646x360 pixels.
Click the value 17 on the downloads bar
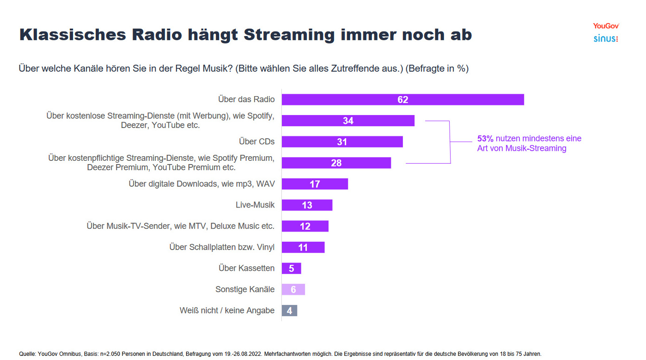[315, 184]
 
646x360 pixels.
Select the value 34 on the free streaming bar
[348, 121]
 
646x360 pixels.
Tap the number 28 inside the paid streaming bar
[336, 163]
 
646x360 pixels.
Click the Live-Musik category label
[255, 205]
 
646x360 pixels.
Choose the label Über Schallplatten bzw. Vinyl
[222, 247]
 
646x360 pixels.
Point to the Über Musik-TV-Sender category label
[180, 226]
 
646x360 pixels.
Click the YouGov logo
[606, 26]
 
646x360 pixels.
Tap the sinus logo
[605, 38]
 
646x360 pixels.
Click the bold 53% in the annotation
[485, 138]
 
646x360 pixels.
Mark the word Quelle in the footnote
[27, 354]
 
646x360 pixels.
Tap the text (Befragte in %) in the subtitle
[437, 69]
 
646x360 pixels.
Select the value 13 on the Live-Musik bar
[307, 205]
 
